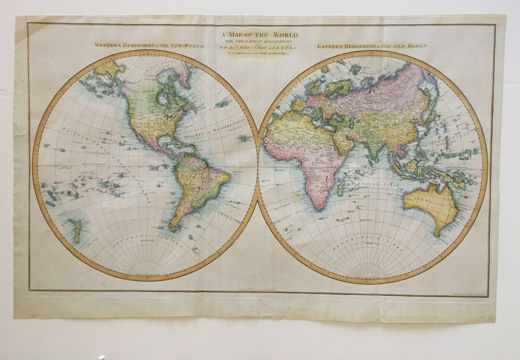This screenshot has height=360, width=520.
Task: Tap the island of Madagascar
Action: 341,187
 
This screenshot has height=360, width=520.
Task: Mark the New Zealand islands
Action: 77,230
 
